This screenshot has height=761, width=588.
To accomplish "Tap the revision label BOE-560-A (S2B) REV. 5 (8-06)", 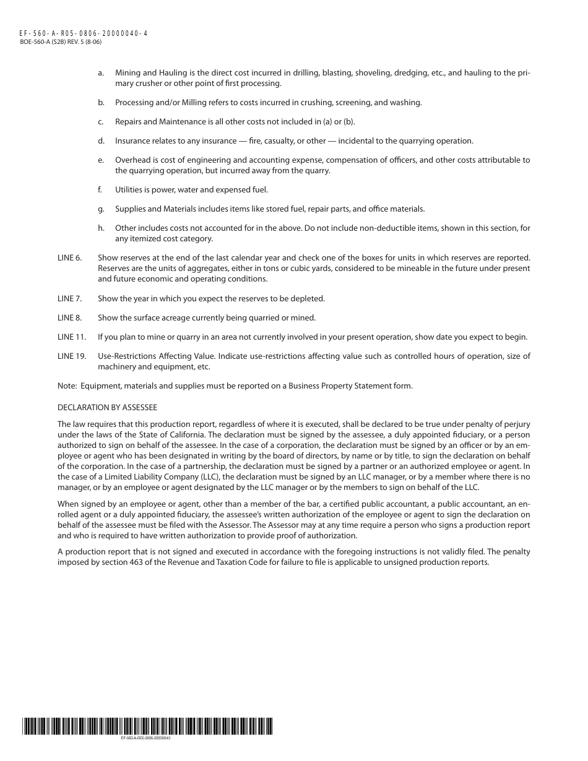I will (61, 41).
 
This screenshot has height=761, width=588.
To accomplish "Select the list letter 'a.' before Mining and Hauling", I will (101, 73).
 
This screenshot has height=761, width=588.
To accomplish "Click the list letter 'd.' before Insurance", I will (101, 141).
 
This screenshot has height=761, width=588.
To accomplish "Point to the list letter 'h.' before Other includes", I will (101, 228).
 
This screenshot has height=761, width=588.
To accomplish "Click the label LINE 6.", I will (69, 257).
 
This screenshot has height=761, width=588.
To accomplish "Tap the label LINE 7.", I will (69, 299).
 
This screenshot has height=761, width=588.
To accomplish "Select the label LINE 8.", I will (69, 318).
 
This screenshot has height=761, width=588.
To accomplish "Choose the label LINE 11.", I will (71, 337).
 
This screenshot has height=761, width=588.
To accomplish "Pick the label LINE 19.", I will (71, 356).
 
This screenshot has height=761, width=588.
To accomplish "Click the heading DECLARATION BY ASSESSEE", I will (107, 408).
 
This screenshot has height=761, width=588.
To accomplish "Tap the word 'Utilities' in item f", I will (129, 190).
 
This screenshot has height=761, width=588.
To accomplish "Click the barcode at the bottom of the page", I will (147, 726).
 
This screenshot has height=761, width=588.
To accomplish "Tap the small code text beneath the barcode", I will (145, 738).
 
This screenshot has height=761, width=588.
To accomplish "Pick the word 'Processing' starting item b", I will (133, 103).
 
